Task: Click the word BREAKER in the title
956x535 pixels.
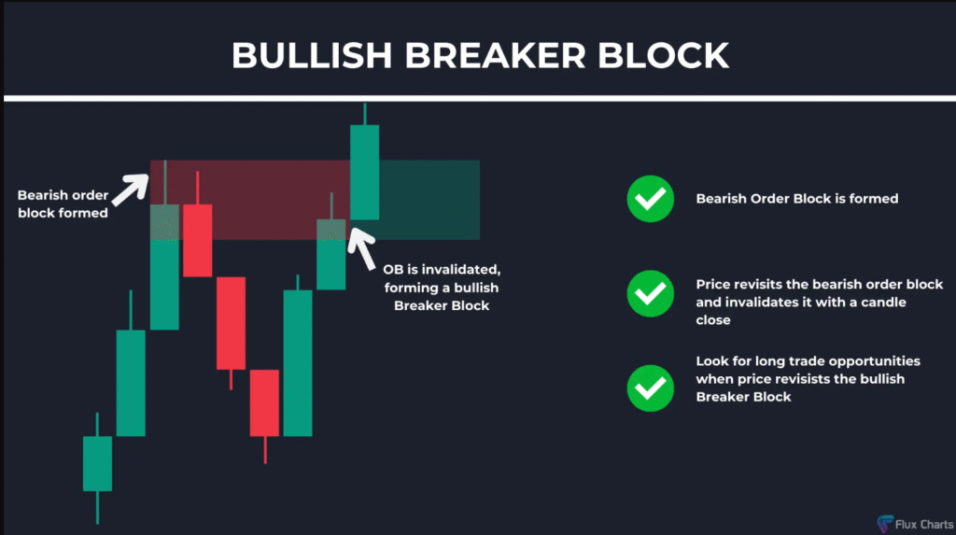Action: (495, 55)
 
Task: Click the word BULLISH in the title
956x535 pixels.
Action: (312, 55)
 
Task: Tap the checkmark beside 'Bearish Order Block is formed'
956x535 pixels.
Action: (651, 199)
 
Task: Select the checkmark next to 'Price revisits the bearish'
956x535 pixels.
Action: (651, 293)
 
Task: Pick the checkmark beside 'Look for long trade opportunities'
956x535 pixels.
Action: (651, 388)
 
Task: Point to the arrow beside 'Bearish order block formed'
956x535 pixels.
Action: (131, 190)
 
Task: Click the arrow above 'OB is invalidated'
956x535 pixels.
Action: (361, 248)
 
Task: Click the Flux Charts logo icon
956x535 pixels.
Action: (885, 524)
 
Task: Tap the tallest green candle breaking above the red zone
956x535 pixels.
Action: (365, 172)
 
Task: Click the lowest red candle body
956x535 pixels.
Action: (264, 402)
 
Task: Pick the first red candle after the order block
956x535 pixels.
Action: (198, 240)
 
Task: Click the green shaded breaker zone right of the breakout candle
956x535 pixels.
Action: (429, 200)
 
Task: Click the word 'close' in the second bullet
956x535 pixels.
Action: (712, 320)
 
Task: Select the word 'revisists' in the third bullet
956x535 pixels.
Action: (800, 379)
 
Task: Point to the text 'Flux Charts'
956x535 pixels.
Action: (924, 524)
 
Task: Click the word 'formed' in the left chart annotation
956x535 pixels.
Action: (87, 213)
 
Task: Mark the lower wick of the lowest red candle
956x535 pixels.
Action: (264, 450)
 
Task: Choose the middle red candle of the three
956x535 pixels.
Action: (232, 323)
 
